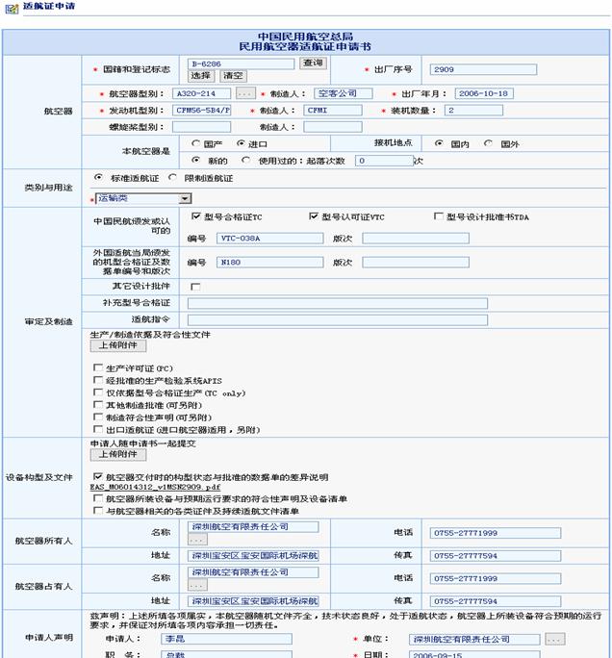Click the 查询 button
[313, 63]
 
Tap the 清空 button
[233, 75]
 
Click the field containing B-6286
[241, 63]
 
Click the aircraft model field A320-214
[201, 93]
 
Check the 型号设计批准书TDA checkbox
[439, 216]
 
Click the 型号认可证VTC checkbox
[314, 216]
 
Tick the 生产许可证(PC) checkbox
[97, 367]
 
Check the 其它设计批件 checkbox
[195, 287]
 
